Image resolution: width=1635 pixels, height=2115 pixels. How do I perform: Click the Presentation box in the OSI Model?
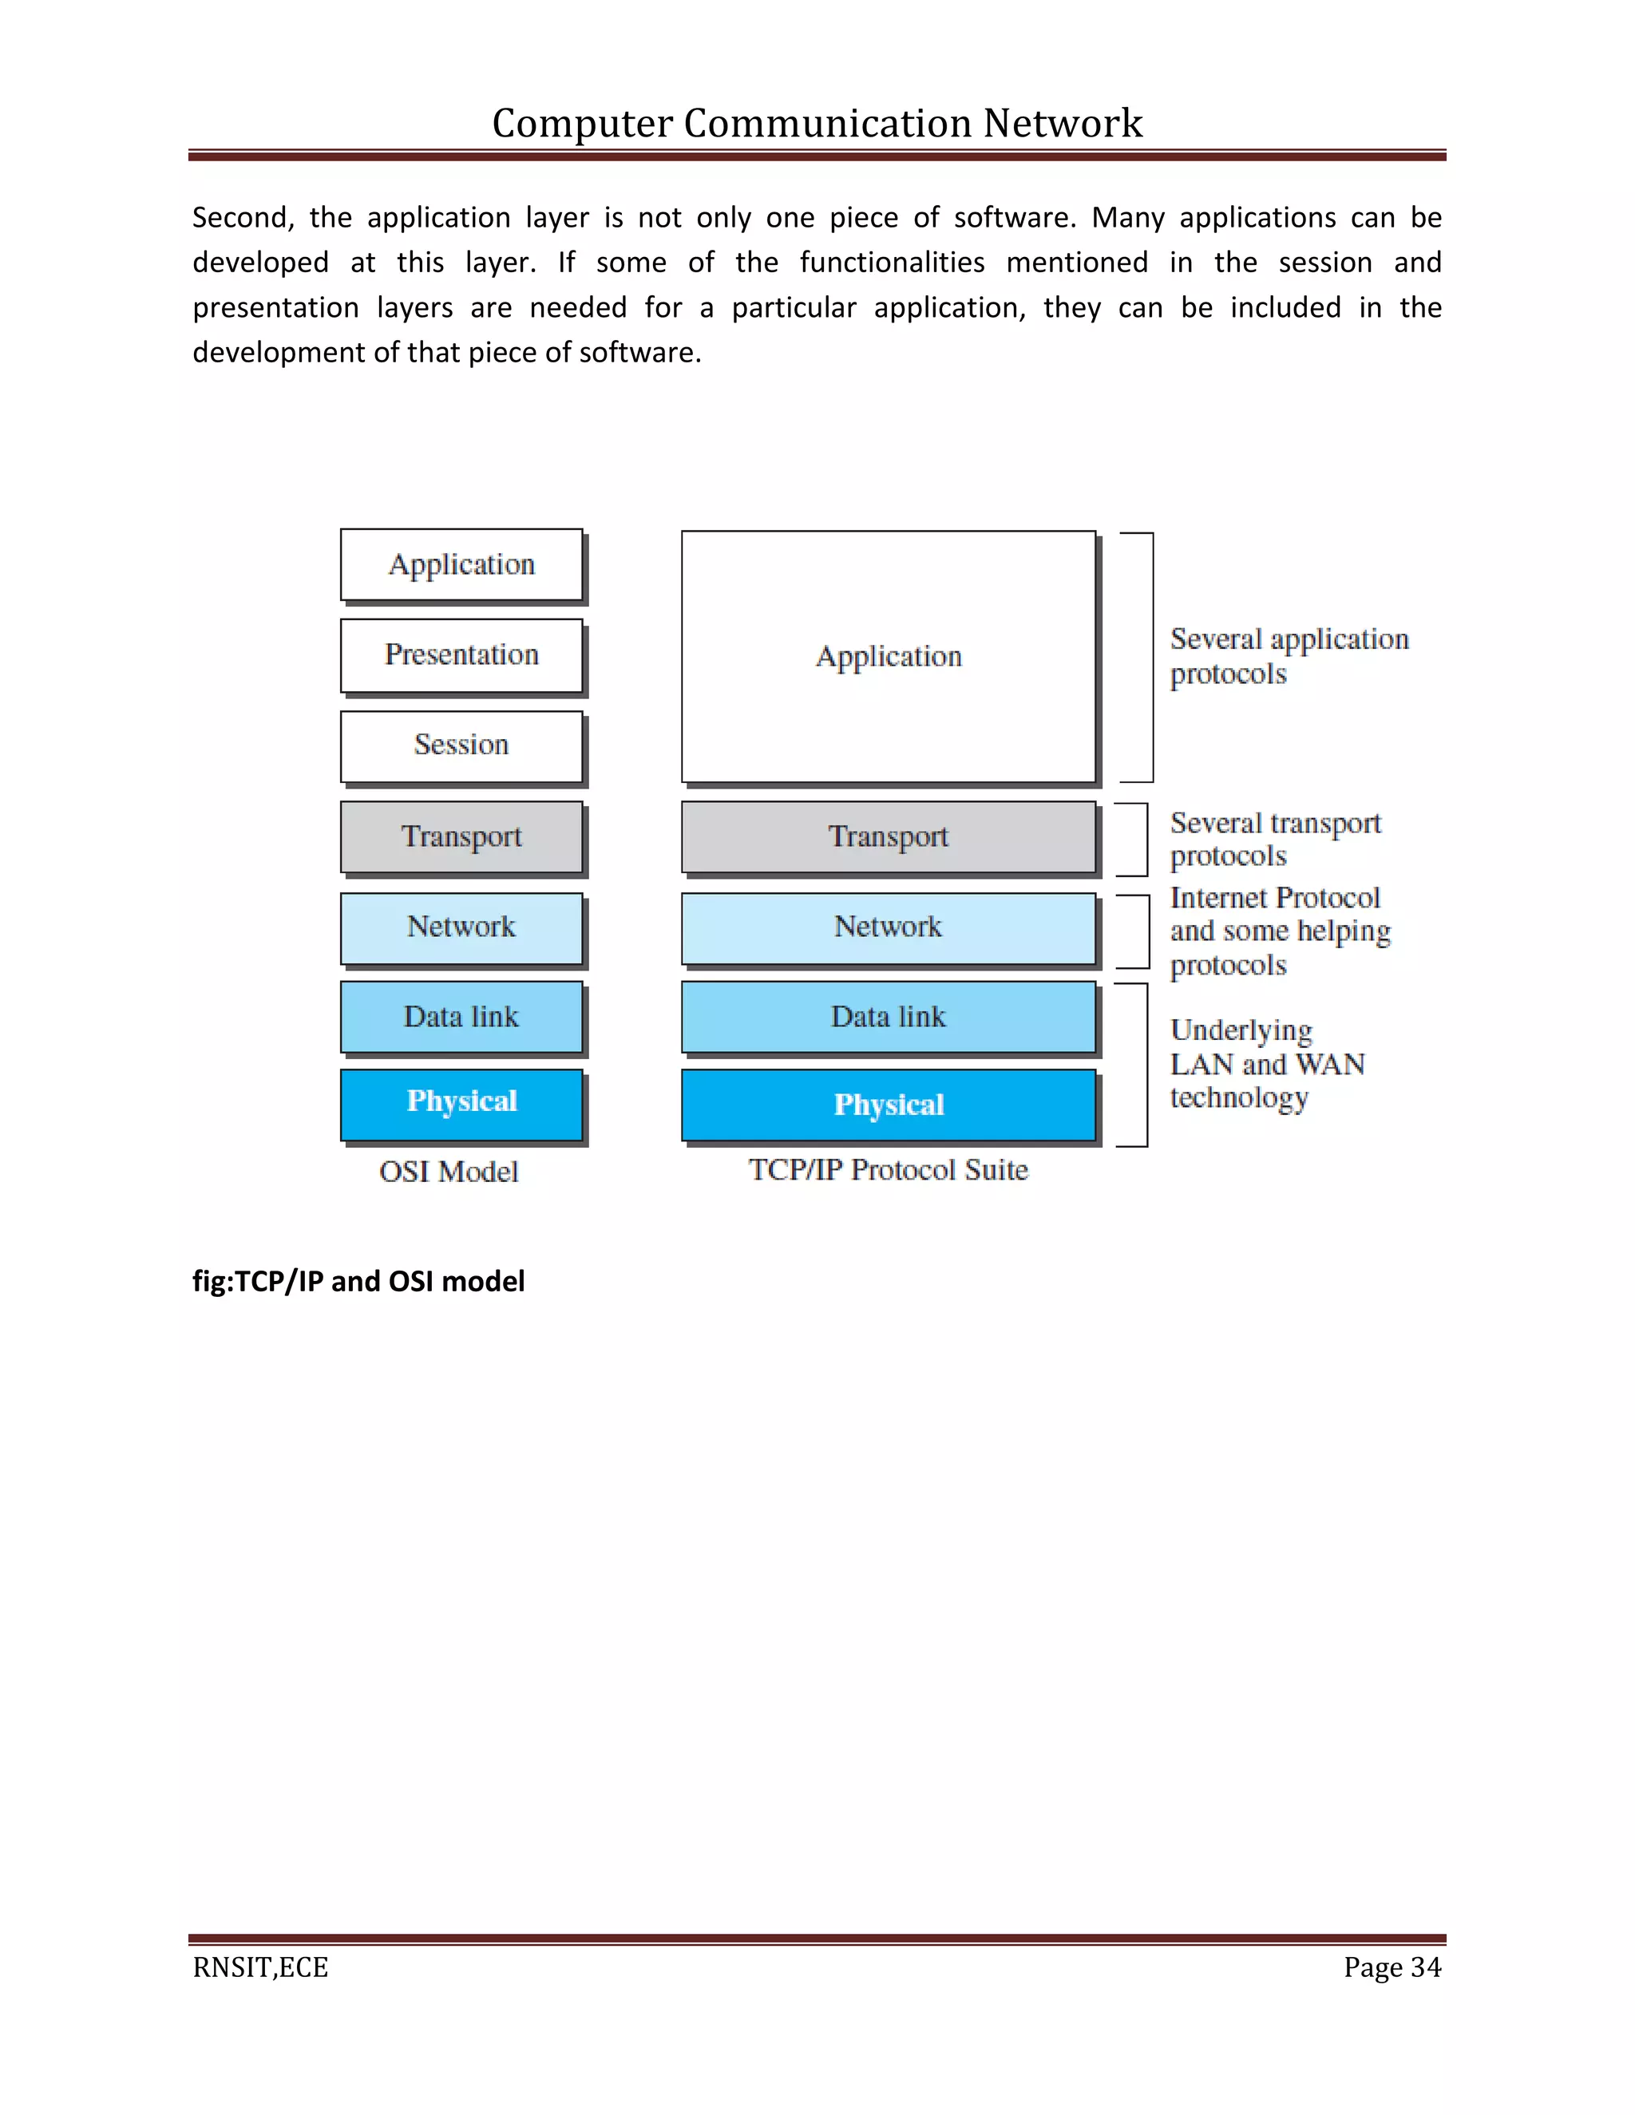point(461,655)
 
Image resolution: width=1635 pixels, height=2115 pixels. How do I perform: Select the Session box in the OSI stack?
point(461,745)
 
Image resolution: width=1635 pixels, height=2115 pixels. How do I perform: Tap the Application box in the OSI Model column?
point(461,564)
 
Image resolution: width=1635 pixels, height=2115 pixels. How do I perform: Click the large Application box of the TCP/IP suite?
point(889,657)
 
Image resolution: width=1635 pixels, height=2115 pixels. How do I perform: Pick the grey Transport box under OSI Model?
point(461,836)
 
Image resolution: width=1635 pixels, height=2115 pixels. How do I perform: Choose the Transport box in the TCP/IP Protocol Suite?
point(889,836)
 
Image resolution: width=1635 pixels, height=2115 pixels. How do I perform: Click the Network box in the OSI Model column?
point(461,927)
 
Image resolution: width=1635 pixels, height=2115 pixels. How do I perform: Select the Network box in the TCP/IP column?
point(889,927)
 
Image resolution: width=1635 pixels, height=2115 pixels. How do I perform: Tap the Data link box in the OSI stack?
point(461,1017)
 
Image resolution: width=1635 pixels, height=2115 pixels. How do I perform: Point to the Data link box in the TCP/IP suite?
point(889,1017)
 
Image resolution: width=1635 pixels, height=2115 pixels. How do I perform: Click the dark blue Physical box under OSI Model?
point(461,1104)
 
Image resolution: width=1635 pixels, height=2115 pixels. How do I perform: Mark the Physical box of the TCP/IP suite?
point(889,1105)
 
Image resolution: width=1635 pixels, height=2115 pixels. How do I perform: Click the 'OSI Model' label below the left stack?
point(449,1172)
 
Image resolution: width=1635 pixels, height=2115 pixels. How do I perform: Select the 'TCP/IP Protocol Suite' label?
point(889,1170)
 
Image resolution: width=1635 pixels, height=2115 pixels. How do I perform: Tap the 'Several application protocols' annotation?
point(1289,655)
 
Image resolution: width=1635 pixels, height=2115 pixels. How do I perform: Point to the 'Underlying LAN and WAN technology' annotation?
point(1266,1063)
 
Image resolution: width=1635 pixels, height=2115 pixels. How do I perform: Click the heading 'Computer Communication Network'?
point(817,123)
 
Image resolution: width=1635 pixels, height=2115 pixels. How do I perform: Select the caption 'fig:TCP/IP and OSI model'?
point(358,1281)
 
